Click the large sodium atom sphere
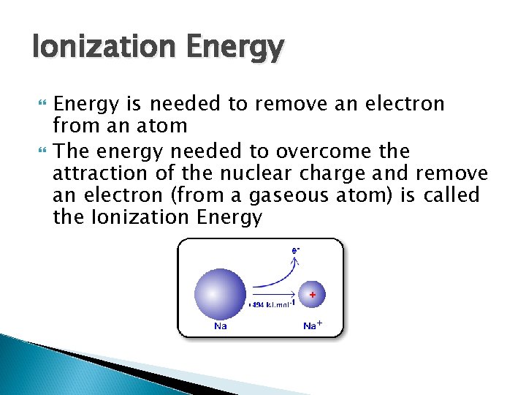pyautogui.click(x=220, y=294)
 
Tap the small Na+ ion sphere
pyautogui.click(x=312, y=296)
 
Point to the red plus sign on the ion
pyautogui.click(x=313, y=294)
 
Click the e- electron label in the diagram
pyautogui.click(x=296, y=249)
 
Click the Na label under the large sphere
pyautogui.click(x=220, y=326)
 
